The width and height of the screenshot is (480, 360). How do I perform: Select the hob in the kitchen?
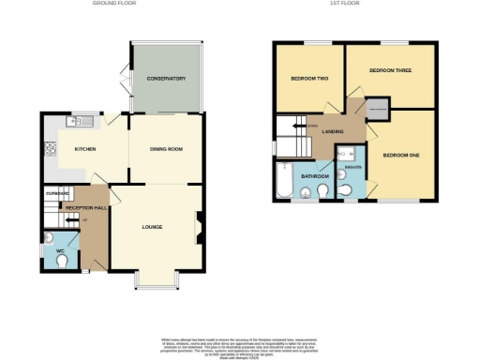(x=49, y=147)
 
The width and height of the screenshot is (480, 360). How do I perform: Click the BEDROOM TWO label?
(x=307, y=79)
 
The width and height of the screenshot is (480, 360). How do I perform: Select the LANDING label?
(x=332, y=132)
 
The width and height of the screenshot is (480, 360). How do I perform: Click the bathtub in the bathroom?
(x=284, y=181)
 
